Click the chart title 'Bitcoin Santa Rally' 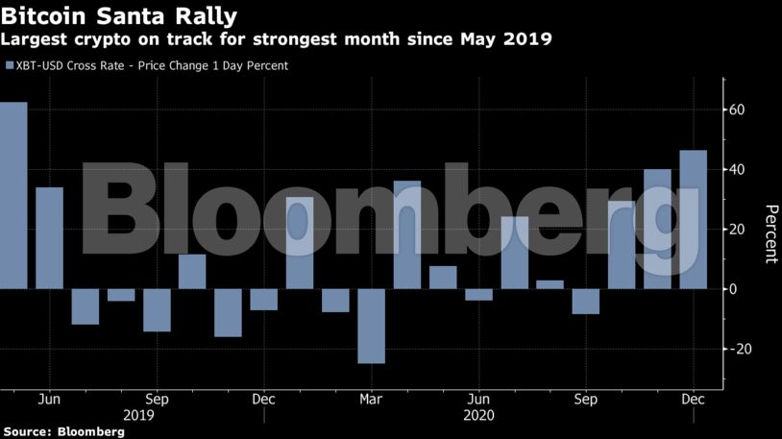pyautogui.click(x=119, y=16)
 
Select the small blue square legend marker pyautogui.click(x=10, y=65)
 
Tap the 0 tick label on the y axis pyautogui.click(x=733, y=289)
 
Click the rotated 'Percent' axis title pyautogui.click(x=770, y=233)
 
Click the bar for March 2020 pyautogui.click(x=371, y=326)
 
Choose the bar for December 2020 pyautogui.click(x=693, y=219)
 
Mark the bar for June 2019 pyautogui.click(x=50, y=237)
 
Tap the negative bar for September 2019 pyautogui.click(x=157, y=309)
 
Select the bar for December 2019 pyautogui.click(x=264, y=299)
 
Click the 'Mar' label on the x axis pyautogui.click(x=371, y=399)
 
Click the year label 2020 pyautogui.click(x=478, y=415)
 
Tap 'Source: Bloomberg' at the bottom pyautogui.click(x=63, y=431)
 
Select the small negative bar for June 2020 pyautogui.click(x=478, y=294)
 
